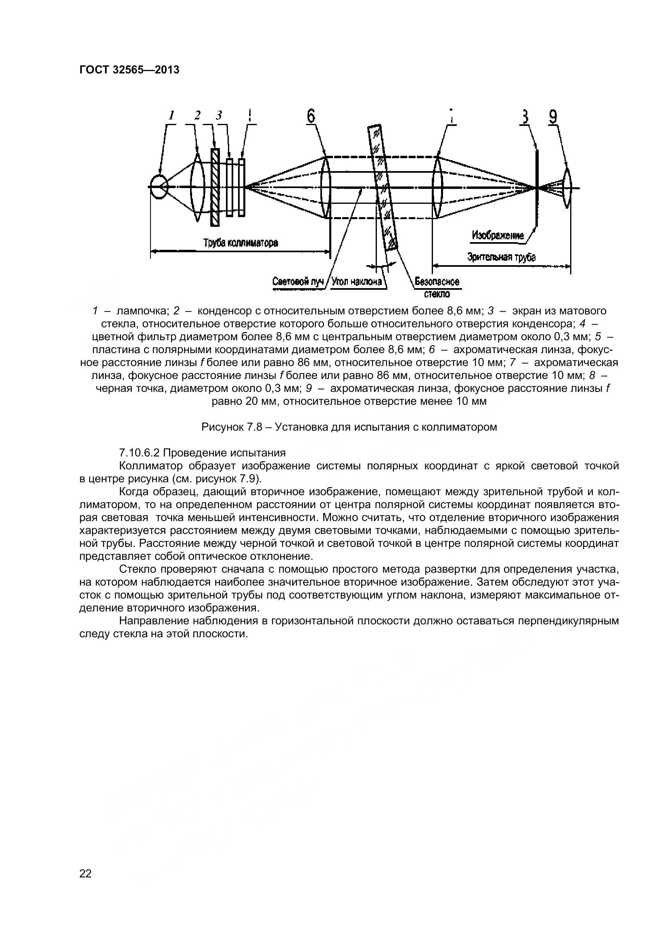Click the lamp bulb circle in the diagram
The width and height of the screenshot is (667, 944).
(159, 187)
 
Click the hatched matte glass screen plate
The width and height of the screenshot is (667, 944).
(215, 188)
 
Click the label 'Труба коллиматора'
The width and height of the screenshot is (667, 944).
(241, 243)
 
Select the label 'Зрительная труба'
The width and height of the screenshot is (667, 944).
(502, 257)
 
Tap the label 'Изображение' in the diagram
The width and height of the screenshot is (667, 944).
(498, 236)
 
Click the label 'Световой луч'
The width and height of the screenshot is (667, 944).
(298, 282)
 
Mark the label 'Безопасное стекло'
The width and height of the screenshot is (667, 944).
(437, 287)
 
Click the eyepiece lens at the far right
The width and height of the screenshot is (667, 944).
(567, 188)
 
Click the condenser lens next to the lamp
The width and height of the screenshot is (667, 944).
(197, 187)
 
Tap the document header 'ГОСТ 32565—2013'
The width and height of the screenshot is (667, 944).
(129, 70)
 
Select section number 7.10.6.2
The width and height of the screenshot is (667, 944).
(139, 453)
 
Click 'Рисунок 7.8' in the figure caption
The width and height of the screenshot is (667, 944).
(230, 427)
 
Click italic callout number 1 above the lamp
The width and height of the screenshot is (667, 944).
(172, 116)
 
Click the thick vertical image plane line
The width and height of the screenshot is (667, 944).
(537, 188)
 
